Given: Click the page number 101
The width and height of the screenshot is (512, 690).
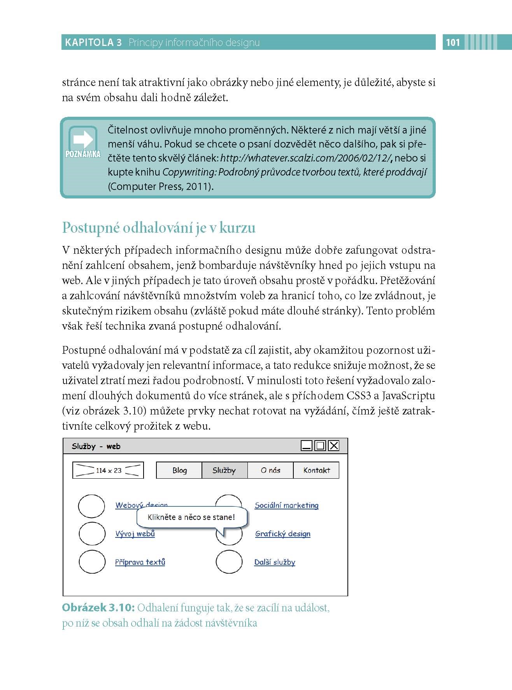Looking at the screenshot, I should tap(453, 42).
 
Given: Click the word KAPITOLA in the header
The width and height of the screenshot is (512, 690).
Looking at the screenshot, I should tap(88, 42).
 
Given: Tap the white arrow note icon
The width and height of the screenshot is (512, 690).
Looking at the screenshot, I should tap(83, 139).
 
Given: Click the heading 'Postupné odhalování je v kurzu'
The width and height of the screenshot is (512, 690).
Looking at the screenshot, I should tap(159, 228).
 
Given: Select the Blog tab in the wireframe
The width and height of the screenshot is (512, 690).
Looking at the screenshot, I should tap(179, 470).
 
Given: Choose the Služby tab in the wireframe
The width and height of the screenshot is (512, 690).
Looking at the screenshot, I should tap(224, 470).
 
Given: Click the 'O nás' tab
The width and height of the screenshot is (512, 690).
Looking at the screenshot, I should tap(270, 470).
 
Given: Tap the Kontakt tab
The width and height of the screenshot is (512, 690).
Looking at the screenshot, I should tap(316, 470).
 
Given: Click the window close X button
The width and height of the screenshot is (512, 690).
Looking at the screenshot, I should tap(334, 446).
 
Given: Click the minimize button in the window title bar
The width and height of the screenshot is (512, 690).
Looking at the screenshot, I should tap(307, 446).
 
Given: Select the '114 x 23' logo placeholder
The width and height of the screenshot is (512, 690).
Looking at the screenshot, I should tap(108, 470).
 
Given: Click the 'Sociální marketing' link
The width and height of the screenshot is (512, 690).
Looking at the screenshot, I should tap(286, 505).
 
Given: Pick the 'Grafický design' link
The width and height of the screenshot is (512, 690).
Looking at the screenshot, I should tap(283, 534).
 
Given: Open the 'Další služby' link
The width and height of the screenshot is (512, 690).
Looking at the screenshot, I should tap(275, 562).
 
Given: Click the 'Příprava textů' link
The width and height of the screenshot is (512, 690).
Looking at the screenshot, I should tap(140, 562).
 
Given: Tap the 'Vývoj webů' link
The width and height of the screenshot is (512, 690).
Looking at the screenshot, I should tap(135, 534).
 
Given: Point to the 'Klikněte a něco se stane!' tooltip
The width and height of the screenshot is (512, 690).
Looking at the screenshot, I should tap(191, 517).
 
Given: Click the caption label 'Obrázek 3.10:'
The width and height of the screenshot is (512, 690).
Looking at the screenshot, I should tap(98, 607).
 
